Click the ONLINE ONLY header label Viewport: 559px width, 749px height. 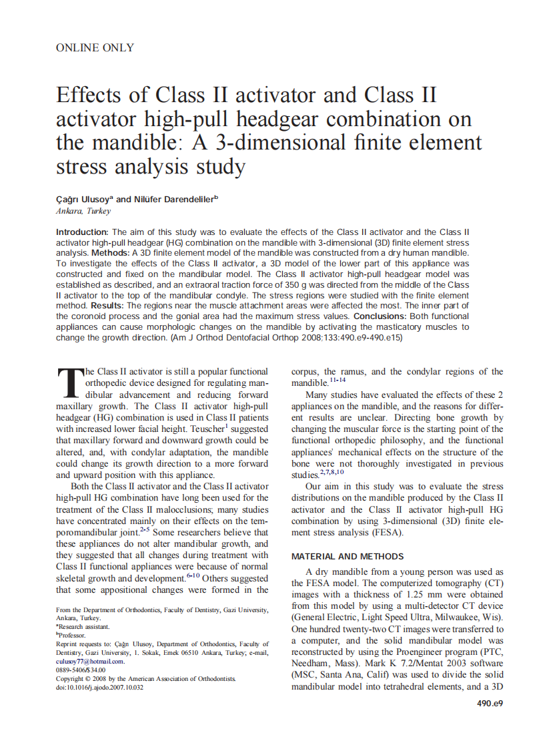(x=95, y=47)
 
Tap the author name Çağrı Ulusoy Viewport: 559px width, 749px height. (x=84, y=199)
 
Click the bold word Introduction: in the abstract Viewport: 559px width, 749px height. (x=83, y=232)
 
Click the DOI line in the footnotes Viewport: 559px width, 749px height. (x=99, y=687)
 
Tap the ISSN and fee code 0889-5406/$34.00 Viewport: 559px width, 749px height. (x=81, y=670)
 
